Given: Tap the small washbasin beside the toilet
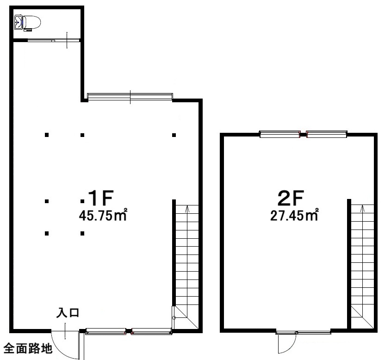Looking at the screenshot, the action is (19, 22).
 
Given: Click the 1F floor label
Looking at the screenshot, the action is (101, 198).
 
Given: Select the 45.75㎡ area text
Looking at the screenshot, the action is (103, 215).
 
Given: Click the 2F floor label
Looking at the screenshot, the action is (291, 198).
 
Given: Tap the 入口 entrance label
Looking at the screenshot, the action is (68, 313).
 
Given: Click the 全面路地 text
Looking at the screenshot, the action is (28, 348).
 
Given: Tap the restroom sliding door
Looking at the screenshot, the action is (53, 40).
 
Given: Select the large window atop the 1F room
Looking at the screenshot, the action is (130, 97).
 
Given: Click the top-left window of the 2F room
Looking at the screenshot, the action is (280, 134).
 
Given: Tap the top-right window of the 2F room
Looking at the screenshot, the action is (326, 134).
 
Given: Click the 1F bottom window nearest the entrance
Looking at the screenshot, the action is (106, 331).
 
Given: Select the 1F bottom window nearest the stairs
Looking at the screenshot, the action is (151, 331).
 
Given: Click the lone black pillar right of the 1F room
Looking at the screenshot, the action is (174, 135).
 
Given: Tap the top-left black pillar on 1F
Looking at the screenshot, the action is (47, 135).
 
